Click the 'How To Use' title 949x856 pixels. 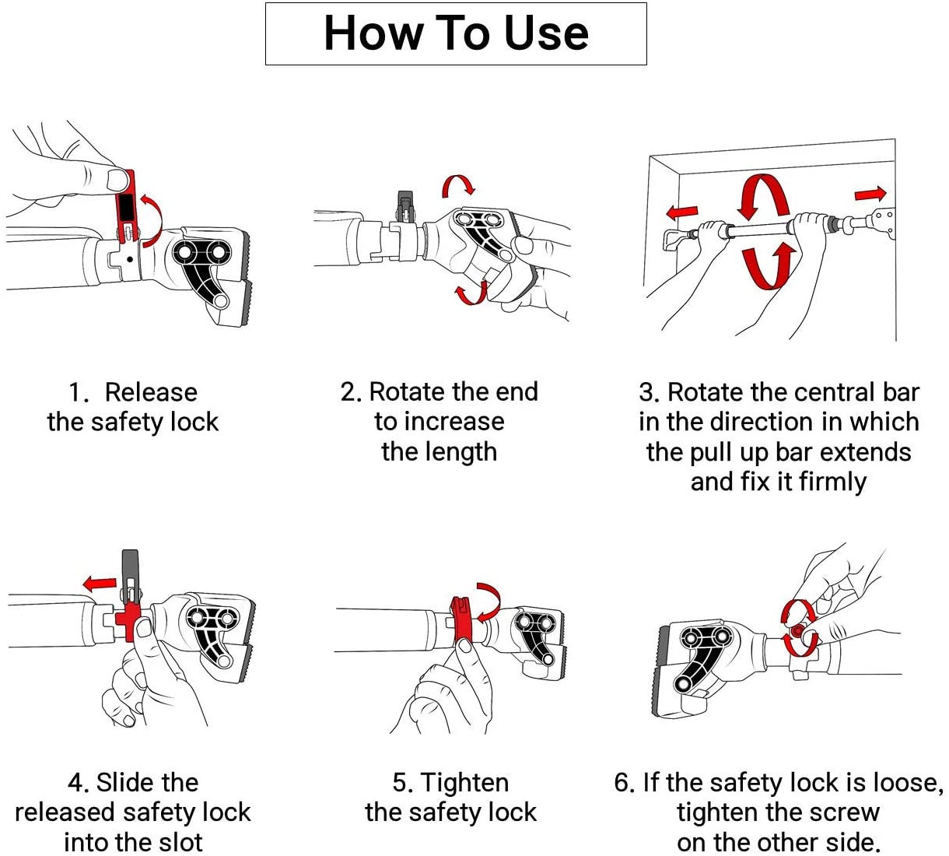(456, 33)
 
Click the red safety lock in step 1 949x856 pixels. (126, 206)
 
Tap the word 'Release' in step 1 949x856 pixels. (150, 392)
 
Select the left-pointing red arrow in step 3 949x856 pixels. (681, 212)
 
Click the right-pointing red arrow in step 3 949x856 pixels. (870, 193)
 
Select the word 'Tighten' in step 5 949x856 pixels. (464, 782)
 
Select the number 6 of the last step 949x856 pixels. (621, 782)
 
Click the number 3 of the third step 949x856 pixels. (647, 392)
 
